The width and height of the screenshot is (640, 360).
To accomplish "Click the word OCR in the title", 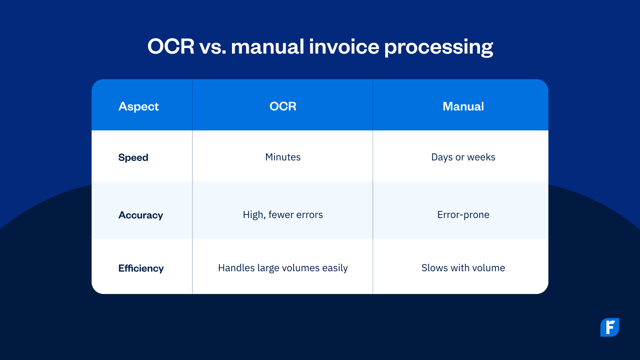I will (171, 46).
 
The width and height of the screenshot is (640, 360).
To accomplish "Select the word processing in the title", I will (438, 47).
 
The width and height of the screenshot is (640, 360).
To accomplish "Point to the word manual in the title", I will (268, 46).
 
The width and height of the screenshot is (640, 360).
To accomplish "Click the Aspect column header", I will (139, 106).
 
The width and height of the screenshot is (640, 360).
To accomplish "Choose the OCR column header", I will (283, 106).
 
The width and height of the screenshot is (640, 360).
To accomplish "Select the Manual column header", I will (463, 106).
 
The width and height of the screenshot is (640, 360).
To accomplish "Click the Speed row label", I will (133, 158).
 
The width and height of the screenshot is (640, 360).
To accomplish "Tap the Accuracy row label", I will (141, 215).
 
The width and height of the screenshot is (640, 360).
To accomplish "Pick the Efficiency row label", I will (141, 268).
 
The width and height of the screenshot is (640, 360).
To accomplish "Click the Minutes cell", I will (283, 157).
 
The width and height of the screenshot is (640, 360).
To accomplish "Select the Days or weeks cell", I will (463, 157).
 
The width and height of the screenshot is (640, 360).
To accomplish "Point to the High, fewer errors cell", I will (283, 215).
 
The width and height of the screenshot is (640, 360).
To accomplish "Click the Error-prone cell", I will (463, 215).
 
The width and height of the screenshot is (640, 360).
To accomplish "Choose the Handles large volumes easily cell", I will (283, 268).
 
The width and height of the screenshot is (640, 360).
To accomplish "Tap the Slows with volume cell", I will (463, 268).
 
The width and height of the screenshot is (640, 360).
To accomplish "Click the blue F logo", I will (610, 327).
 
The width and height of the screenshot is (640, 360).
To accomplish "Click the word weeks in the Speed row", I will (481, 157).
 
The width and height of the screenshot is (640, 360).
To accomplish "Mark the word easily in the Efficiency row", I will (335, 268).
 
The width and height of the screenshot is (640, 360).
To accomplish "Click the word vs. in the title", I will (212, 46).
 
